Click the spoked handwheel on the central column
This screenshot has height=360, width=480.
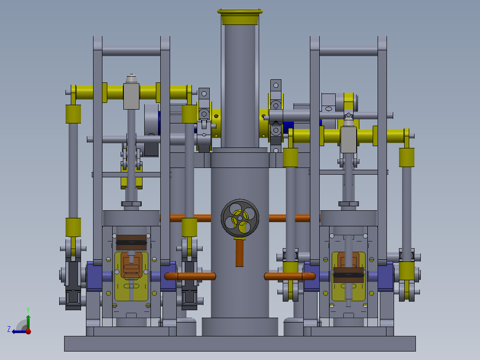click(x=240, y=218)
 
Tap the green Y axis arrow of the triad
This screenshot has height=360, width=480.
click(x=28, y=319)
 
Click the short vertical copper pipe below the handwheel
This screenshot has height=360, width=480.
click(x=240, y=253)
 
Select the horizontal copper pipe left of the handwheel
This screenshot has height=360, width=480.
click(x=191, y=218)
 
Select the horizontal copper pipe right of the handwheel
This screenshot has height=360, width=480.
click(x=289, y=218)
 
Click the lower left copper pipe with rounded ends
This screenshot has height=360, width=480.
click(x=191, y=276)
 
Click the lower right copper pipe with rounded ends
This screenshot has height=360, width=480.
click(x=289, y=276)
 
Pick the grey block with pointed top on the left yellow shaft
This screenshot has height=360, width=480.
click(x=131, y=95)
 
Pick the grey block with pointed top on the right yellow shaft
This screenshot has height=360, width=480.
click(x=349, y=139)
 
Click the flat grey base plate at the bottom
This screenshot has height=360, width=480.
click(x=240, y=344)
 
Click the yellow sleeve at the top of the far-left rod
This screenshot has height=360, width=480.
click(x=73, y=114)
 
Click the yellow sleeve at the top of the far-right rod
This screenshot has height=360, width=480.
click(x=407, y=157)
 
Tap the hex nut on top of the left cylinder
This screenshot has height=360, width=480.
click(x=131, y=204)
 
